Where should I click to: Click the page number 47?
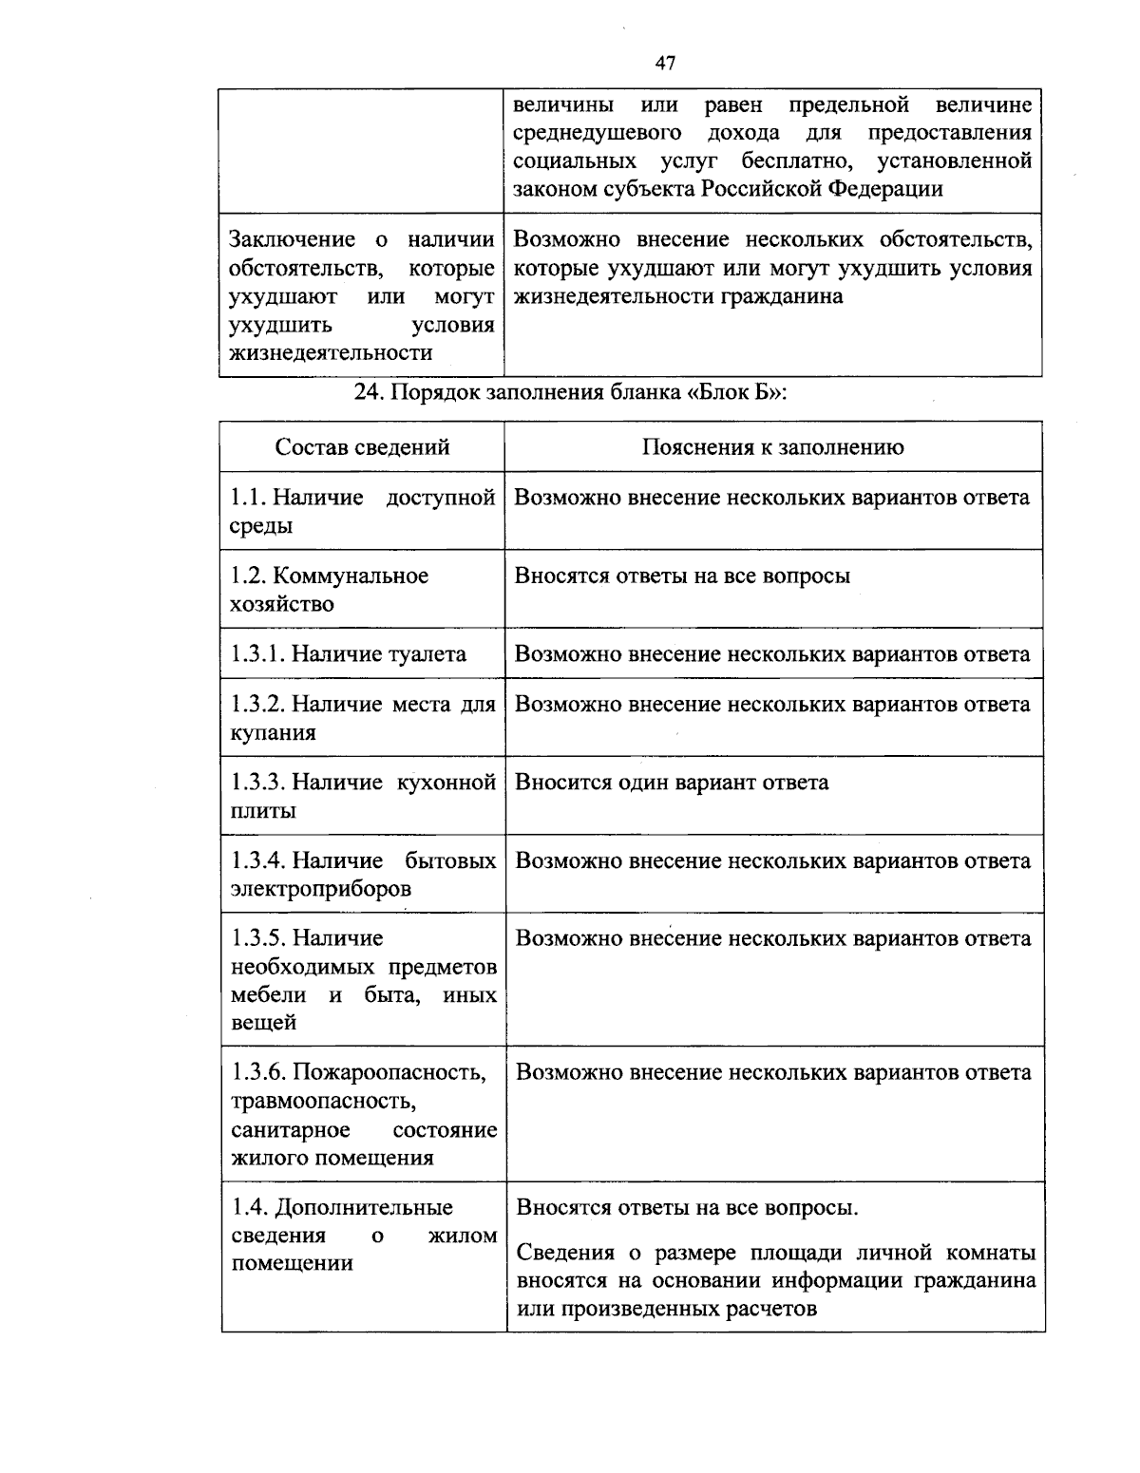point(665,63)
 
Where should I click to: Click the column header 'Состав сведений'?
point(362,447)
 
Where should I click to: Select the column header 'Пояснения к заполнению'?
point(773,447)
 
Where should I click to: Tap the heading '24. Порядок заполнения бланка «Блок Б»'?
point(570,394)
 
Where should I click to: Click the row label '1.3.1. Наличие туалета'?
point(349,654)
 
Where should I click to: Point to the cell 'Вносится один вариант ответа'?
point(672,783)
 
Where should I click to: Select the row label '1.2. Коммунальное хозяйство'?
point(330,590)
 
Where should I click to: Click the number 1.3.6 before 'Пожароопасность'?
point(257,1073)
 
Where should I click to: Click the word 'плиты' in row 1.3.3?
point(263,811)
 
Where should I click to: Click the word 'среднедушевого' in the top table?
point(598,132)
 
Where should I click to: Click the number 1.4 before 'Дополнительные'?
point(249,1208)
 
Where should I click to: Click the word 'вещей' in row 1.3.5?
point(264,1023)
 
